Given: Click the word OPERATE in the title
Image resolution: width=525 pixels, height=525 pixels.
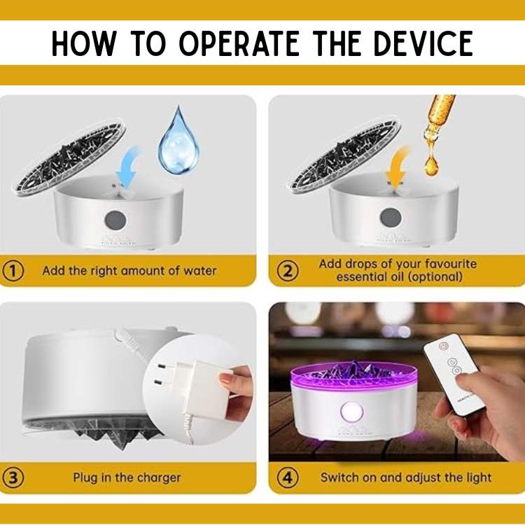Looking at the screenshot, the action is [239, 43].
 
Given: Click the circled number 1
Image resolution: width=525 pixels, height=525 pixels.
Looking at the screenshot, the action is [13, 270].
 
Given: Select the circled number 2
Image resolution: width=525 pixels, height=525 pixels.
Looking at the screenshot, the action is [288, 270].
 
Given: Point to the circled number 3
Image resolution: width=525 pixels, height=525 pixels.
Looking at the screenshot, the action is [13, 477].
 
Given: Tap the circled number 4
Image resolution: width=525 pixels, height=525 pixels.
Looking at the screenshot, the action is [288, 477].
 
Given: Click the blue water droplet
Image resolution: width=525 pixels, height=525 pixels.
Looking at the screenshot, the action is [178, 141].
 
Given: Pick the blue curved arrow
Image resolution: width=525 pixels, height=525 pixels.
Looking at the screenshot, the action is [129, 167].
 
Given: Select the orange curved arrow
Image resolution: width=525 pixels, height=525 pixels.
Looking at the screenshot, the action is [398, 167].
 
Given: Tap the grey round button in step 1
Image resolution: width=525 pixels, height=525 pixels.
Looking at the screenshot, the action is [115, 220].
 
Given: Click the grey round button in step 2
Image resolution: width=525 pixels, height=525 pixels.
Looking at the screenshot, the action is [390, 217].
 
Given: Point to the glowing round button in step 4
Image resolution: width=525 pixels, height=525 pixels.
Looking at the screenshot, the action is [351, 412].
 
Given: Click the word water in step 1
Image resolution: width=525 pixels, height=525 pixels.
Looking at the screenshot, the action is [200, 270].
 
